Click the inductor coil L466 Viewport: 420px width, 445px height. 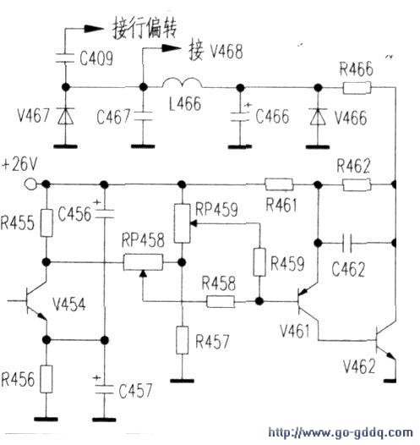tap(183, 83)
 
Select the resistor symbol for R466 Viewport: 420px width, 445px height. tap(357, 87)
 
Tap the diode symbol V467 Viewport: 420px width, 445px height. tap(65, 116)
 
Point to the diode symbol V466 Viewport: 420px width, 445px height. tap(318, 117)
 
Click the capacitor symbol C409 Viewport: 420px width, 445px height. tap(65, 58)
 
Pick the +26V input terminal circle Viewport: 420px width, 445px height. tap(30, 184)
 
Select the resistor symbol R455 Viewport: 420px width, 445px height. tap(46, 222)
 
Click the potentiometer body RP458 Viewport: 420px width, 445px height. tap(143, 262)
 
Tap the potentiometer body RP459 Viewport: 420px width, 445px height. tap(182, 223)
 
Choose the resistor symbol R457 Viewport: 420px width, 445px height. tap(183, 340)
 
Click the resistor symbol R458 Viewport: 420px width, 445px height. tap(221, 301)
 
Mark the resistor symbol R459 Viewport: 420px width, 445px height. tap(259, 262)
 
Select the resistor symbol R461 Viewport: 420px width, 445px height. tap(279, 184)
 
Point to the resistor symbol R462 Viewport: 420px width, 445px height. tap(357, 185)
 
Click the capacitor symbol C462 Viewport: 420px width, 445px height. tap(346, 243)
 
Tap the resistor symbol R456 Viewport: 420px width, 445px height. tap(46, 379)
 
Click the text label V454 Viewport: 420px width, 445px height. tap(68, 305)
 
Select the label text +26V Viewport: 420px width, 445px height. tap(19, 165)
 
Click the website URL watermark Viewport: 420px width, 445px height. tap(340, 433)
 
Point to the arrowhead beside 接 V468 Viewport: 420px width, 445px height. tap(172, 48)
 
